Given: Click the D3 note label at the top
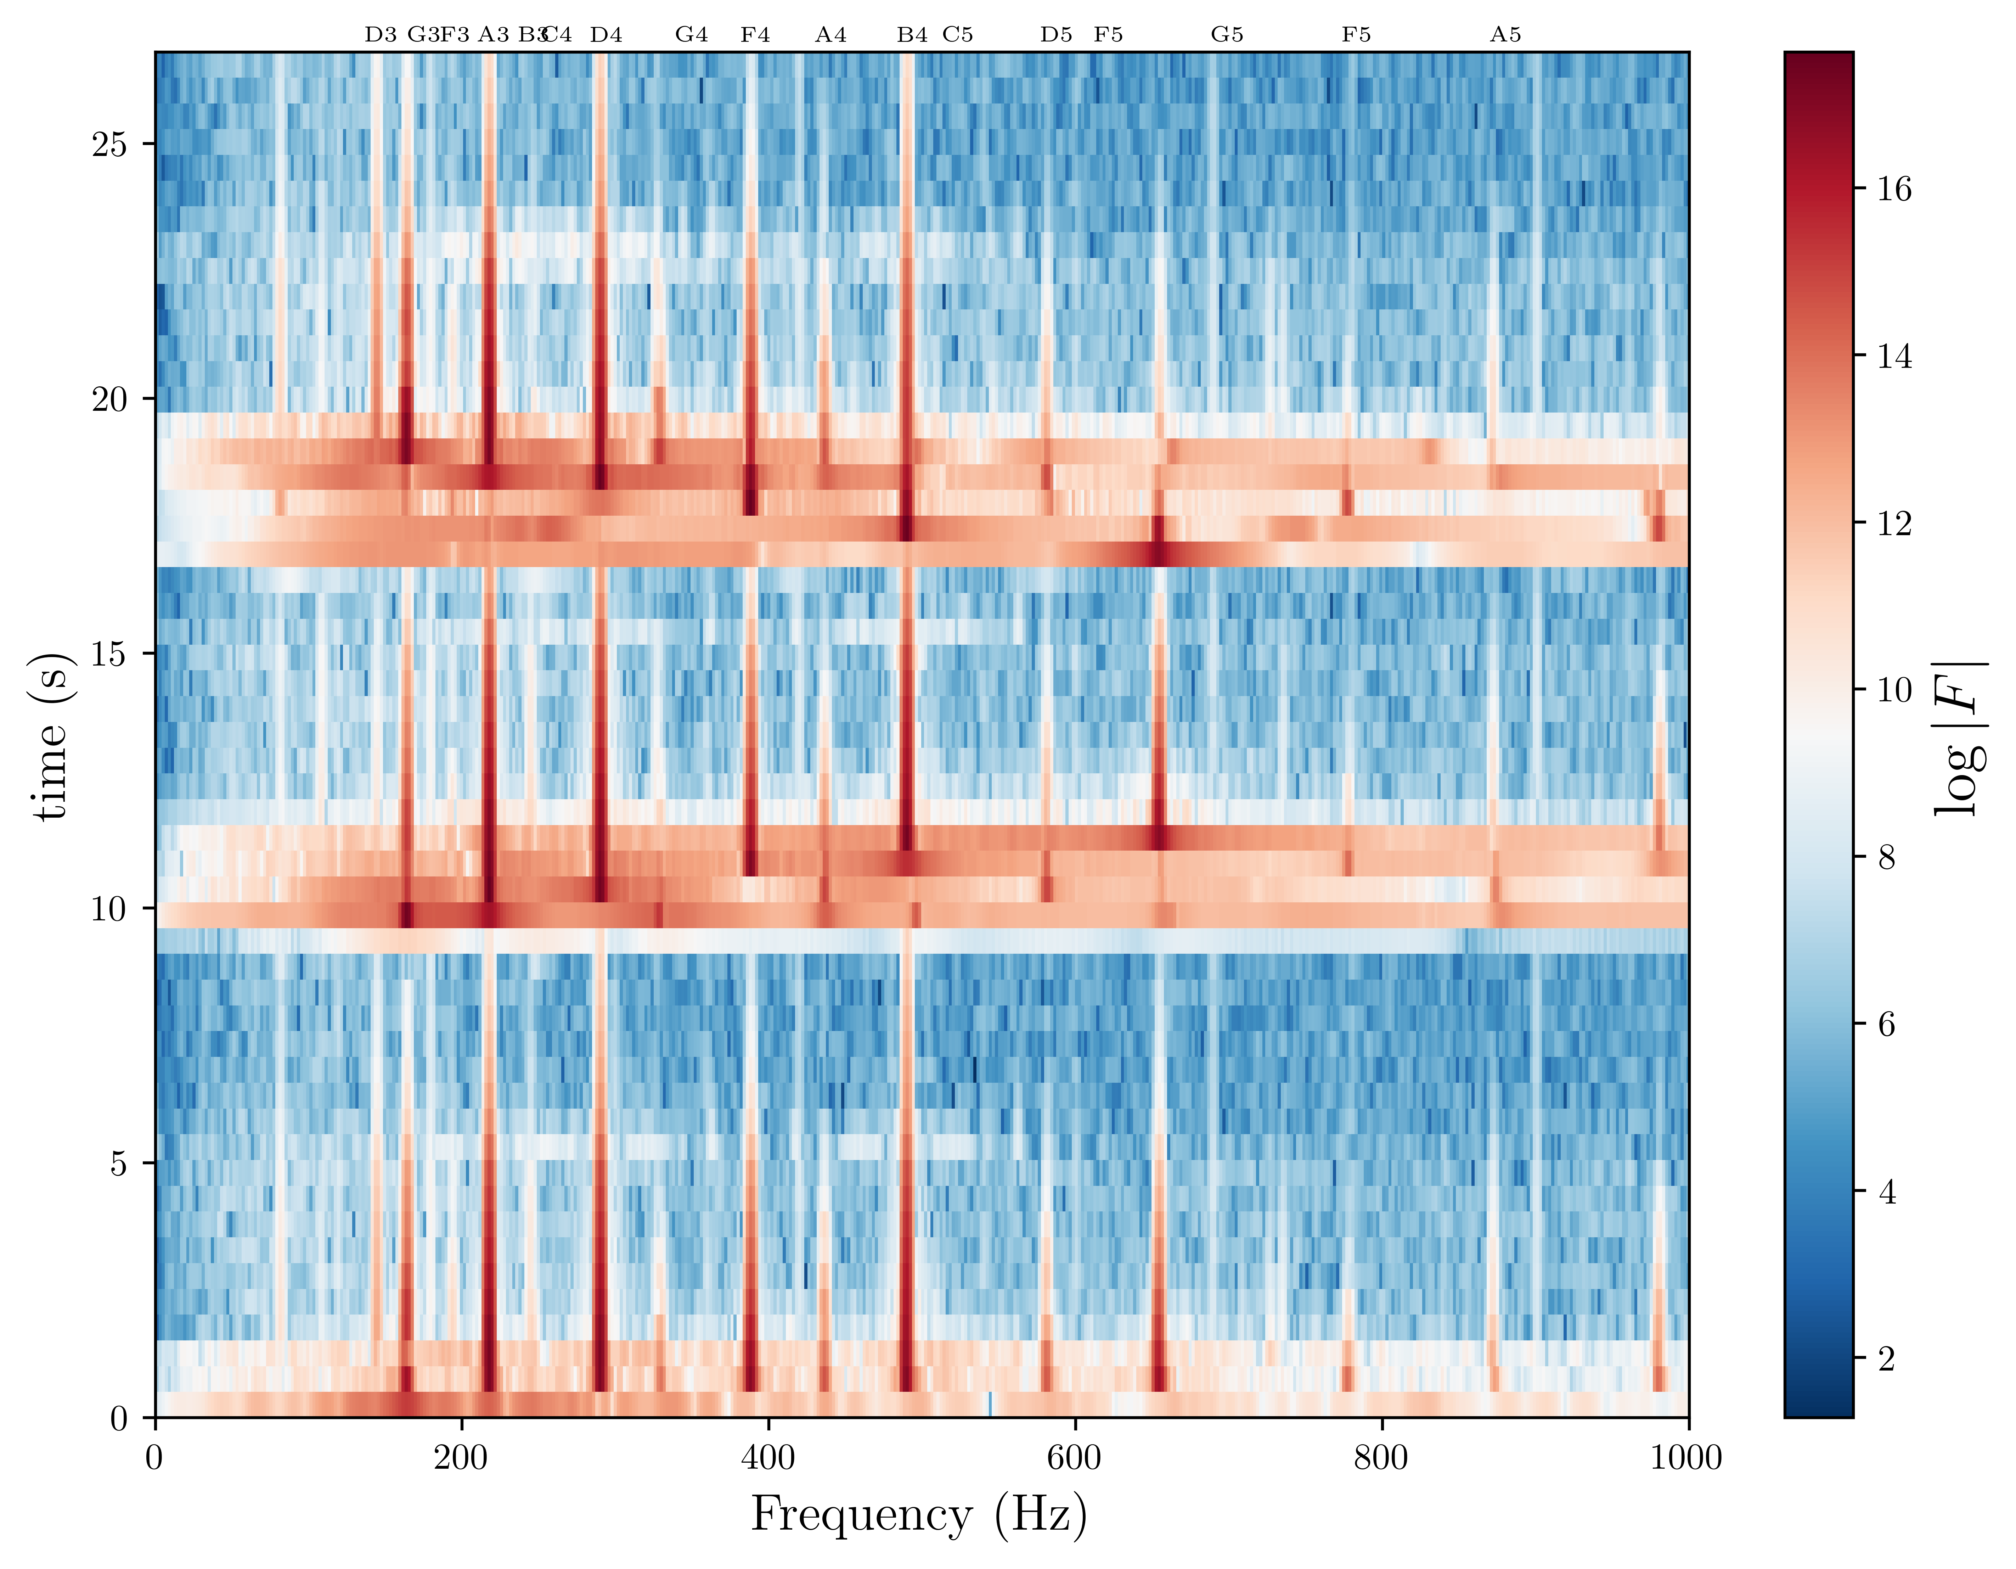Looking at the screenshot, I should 380,35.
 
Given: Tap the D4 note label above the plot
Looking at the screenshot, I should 607,35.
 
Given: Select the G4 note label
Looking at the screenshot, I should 691,35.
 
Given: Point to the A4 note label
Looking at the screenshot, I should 831,35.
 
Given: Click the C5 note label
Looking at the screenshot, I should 958,35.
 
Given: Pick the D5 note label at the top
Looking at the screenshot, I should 1056,35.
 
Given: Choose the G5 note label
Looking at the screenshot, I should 1227,35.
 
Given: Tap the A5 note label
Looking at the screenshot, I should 1505,35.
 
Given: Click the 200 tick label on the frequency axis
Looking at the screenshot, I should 461,1458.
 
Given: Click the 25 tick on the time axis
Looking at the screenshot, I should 110,145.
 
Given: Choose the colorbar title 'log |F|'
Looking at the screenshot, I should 1960,739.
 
